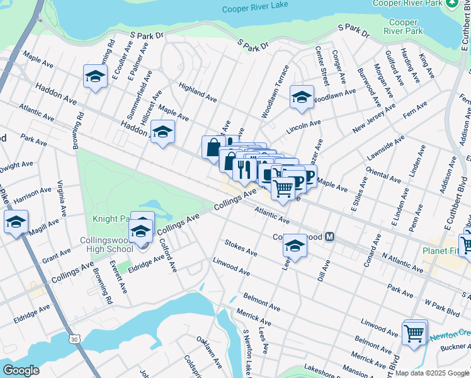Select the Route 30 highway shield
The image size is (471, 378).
click(x=75, y=339)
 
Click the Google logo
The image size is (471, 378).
click(x=21, y=370)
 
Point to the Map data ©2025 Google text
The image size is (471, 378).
click(x=432, y=373)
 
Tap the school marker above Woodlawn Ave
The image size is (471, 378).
click(x=302, y=98)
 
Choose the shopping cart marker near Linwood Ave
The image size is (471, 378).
click(x=414, y=332)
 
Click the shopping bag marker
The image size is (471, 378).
click(x=213, y=148)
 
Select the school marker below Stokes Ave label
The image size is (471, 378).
click(x=294, y=246)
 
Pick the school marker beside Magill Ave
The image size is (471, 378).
click(x=15, y=222)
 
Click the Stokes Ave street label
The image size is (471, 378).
click(x=241, y=248)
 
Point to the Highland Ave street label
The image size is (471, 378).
click(x=197, y=91)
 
